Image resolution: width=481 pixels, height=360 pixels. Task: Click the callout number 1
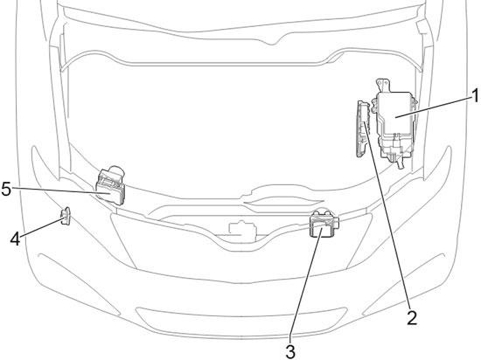[475, 96]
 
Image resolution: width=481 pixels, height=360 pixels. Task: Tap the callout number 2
[412, 318]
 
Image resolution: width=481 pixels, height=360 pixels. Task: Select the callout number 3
[290, 351]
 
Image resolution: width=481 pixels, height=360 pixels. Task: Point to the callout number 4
[16, 239]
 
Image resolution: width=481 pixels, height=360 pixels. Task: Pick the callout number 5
[6, 189]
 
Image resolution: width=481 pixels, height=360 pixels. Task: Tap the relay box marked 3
[324, 225]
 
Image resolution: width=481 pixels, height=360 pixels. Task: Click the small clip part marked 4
[66, 216]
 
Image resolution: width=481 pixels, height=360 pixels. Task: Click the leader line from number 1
[434, 107]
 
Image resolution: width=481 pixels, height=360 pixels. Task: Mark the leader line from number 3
[306, 285]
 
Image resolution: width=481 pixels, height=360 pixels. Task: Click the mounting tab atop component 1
[383, 85]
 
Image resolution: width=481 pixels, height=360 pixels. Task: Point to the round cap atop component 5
[116, 171]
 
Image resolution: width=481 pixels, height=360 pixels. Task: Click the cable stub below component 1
[400, 163]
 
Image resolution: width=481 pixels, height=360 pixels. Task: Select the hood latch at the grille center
[242, 230]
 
